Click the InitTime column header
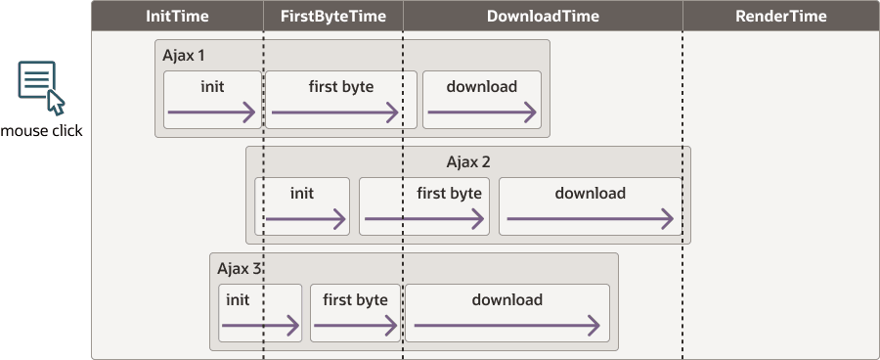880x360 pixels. tap(177, 16)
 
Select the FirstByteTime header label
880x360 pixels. tap(332, 16)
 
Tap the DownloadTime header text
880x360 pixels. tap(543, 16)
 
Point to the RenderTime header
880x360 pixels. tap(780, 16)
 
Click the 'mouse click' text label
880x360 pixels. tap(42, 131)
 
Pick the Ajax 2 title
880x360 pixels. tap(467, 161)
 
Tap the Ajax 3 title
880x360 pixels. tap(240, 268)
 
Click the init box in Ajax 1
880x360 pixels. tap(212, 100)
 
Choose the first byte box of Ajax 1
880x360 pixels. tap(341, 100)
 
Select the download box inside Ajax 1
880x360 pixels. tap(482, 100)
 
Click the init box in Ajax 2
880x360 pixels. tap(302, 206)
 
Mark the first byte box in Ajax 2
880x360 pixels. tap(423, 206)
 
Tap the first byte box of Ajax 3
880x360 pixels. tap(355, 313)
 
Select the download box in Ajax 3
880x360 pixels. tap(506, 313)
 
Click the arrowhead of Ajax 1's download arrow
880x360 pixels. tap(532, 113)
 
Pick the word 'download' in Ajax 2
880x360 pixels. tap(590, 193)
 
